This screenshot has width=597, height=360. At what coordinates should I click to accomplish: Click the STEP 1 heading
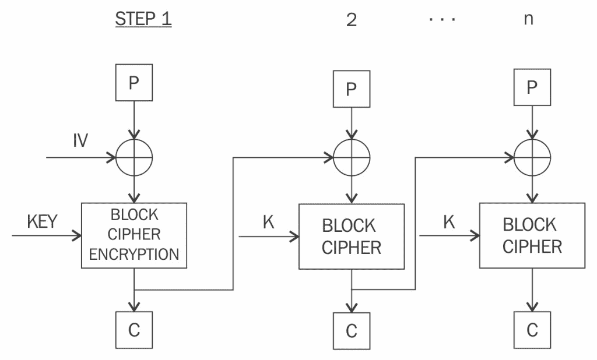143,19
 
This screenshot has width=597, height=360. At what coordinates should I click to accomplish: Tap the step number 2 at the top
351,19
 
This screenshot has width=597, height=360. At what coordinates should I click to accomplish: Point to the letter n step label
528,19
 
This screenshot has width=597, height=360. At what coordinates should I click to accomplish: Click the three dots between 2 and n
442,19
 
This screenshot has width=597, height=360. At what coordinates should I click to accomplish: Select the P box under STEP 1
134,82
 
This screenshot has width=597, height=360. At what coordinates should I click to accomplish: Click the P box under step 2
351,89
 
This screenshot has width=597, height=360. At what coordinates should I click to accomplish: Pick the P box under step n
532,87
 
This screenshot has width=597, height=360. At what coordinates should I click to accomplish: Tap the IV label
80,141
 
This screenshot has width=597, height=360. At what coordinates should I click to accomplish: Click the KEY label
42,222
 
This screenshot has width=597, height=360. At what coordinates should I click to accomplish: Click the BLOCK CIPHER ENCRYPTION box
134,235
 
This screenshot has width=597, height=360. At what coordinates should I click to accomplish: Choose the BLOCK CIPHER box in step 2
351,236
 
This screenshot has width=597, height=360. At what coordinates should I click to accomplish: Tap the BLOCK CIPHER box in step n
532,235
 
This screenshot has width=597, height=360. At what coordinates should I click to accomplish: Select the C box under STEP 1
134,330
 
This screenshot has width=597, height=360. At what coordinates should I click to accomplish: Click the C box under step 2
351,331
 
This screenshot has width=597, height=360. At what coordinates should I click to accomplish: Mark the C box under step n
532,330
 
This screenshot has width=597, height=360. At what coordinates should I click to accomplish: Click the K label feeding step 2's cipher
268,223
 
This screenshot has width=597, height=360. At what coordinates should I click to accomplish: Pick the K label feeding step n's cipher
449,223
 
